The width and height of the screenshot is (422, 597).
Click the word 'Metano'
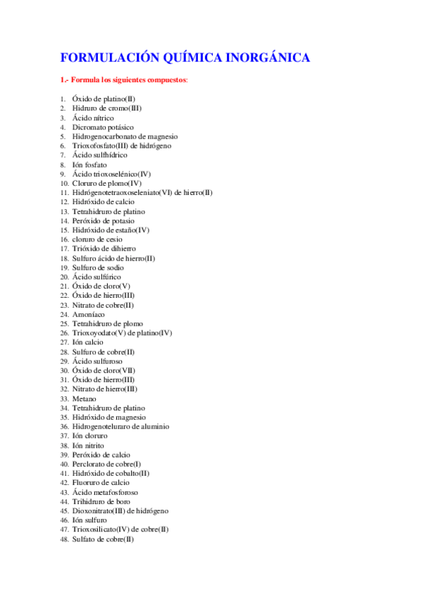[x=85, y=398]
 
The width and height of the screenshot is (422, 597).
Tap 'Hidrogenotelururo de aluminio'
[x=120, y=427]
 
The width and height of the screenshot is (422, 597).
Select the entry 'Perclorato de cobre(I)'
[x=106, y=464]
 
